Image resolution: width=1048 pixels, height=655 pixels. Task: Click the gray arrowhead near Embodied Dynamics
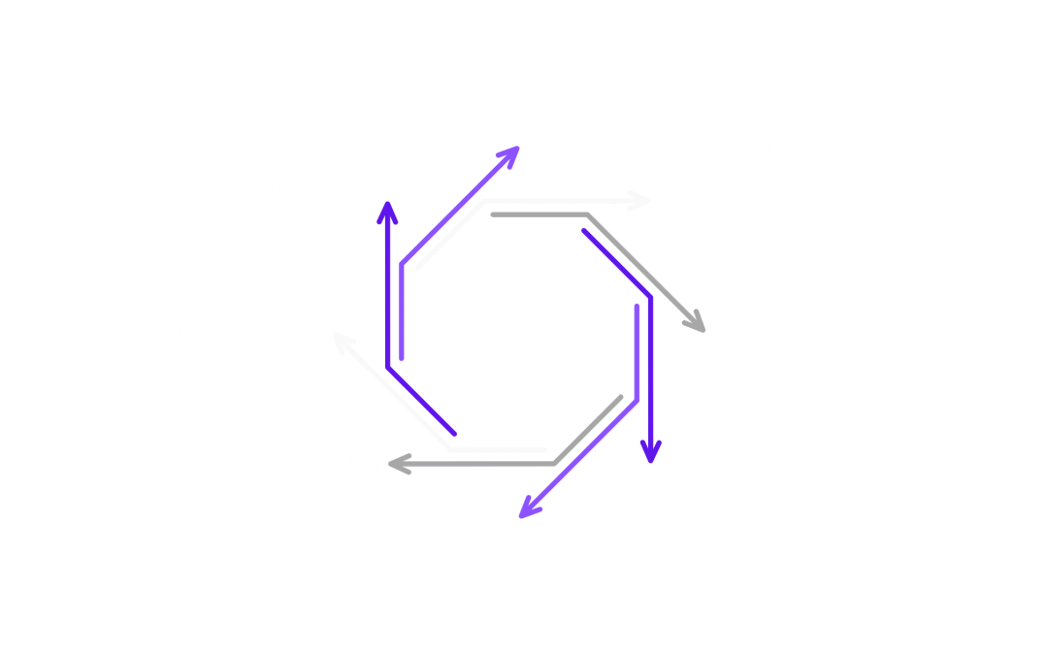pos(695,321)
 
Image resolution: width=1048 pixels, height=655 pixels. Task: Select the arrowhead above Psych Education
pos(650,451)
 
